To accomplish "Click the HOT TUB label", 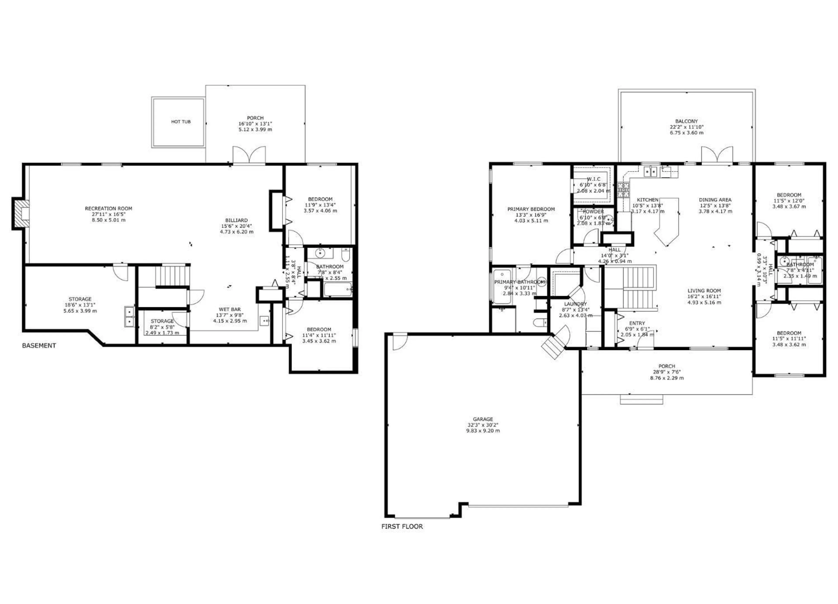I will click(181, 122).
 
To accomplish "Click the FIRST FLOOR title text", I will click(402, 526).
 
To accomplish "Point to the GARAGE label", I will click(483, 419).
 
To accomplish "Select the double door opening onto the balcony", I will click(717, 155).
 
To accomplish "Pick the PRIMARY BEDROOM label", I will click(531, 209).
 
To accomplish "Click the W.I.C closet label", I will click(593, 179).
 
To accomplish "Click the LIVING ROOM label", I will click(704, 291).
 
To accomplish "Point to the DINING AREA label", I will click(715, 200).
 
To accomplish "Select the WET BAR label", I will click(230, 309).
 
